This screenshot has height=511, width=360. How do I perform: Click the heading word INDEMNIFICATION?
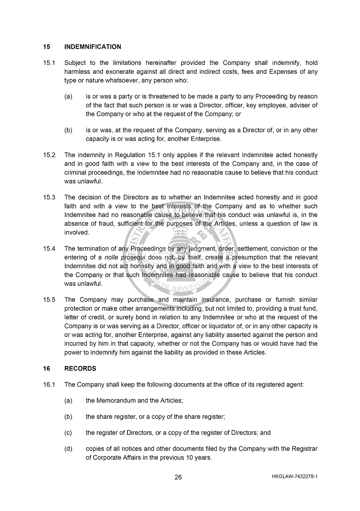pyautogui.click(x=93, y=47)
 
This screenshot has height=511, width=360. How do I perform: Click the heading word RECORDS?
pyautogui.click(x=80, y=368)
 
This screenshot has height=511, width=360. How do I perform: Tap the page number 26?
pyautogui.click(x=178, y=477)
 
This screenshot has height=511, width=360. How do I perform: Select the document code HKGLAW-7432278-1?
pyautogui.click(x=295, y=476)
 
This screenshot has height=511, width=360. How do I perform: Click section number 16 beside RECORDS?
pyautogui.click(x=46, y=368)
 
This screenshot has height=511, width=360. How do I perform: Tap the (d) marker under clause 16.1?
pyautogui.click(x=68, y=449)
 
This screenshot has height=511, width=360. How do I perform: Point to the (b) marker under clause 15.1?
pyautogui.click(x=68, y=130)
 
